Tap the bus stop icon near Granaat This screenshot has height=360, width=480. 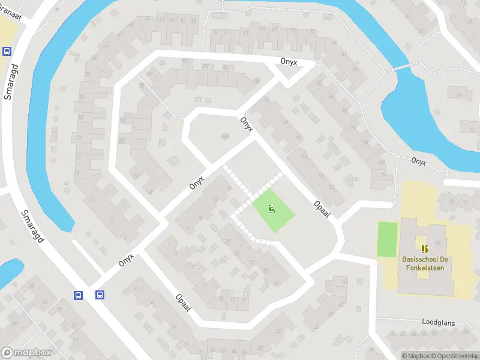[x=7, y=52]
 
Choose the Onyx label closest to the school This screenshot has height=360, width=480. [x=419, y=161]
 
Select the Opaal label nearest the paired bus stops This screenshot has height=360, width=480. [x=183, y=302]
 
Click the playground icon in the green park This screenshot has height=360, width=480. [x=271, y=209]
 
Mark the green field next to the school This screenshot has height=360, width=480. [x=388, y=239]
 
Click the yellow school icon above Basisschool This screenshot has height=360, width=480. [x=425, y=248]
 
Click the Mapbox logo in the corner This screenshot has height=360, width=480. [x=25, y=352]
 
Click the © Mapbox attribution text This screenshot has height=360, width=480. [x=416, y=356]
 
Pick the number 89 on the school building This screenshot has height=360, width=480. [x=438, y=242]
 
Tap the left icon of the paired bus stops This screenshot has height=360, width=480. [x=79, y=295]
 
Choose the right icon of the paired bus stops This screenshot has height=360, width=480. [x=100, y=295]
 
